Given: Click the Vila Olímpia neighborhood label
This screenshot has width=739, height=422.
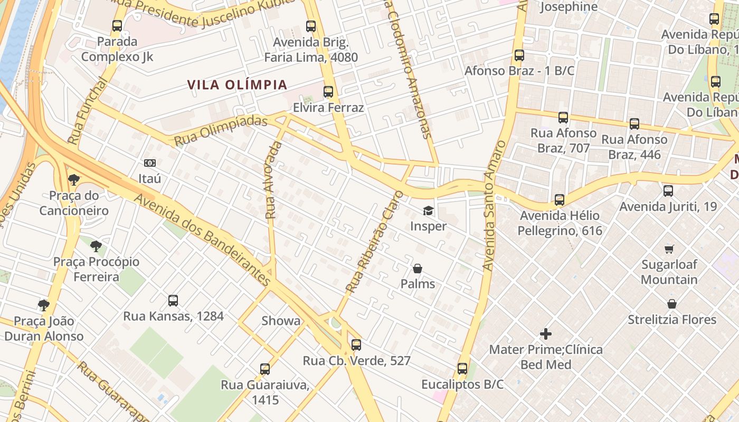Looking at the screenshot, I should pos(237,85).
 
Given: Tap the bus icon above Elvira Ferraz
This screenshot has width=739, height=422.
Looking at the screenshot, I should pos(328,92).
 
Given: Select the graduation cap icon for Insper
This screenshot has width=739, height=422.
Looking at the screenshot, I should pos(428,211).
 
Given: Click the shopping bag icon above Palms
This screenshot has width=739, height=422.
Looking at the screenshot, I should pos(418,268).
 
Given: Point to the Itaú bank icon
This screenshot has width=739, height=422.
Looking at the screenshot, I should pos(150,163).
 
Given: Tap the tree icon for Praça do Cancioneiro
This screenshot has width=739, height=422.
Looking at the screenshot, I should pos(74,180).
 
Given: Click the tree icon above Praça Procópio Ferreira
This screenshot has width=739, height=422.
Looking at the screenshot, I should pos(96,246).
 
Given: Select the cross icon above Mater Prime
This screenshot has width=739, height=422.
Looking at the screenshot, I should pos(546,334).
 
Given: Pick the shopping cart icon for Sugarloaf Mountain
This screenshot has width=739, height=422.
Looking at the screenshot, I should pos(669,249).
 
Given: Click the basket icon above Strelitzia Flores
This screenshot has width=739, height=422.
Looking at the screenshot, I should pos(672,304).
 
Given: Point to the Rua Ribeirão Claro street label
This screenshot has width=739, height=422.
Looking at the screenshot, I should pos(373,242).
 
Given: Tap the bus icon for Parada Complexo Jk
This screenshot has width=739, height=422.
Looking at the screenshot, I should pos(117,25).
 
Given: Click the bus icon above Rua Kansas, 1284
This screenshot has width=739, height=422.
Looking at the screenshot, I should pos(173,301).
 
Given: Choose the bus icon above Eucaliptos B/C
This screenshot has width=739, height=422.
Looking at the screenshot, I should pos(462,369).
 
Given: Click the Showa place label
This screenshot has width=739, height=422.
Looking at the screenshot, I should pos(281,321).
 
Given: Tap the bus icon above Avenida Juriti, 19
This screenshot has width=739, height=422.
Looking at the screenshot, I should pos(668,191).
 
